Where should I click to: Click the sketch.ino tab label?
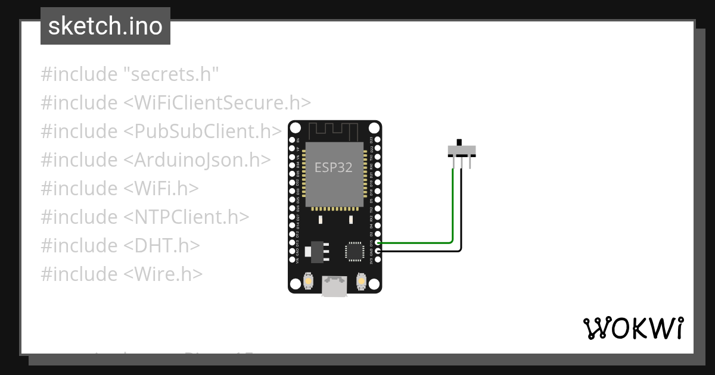pyautogui.click(x=105, y=26)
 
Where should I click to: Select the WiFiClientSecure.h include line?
pyautogui.click(x=176, y=103)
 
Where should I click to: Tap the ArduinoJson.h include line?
pyautogui.click(x=156, y=160)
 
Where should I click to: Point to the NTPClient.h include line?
pyautogui.click(x=145, y=217)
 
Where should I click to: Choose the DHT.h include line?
pyautogui.click(x=120, y=245)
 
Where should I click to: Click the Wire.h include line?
pyautogui.click(x=122, y=274)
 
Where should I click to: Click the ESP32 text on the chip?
pyautogui.click(x=334, y=168)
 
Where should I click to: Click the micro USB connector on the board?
pyautogui.click(x=334, y=286)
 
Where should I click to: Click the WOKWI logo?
pyautogui.click(x=633, y=328)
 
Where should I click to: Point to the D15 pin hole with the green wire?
pyautogui.click(x=378, y=243)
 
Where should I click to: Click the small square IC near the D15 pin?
pyautogui.click(x=354, y=251)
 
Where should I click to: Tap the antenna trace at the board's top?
pyautogui.click(x=334, y=129)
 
